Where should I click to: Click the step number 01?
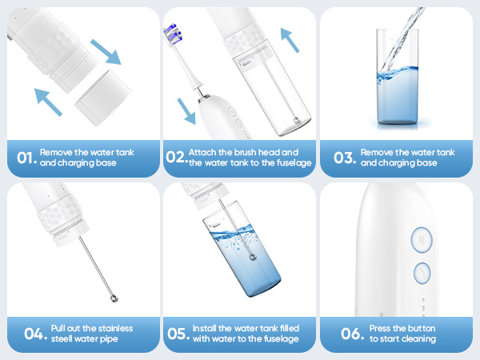pyautogui.click(x=27, y=158)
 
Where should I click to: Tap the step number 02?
pyautogui.click(x=177, y=157)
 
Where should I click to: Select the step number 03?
pyautogui.click(x=345, y=158)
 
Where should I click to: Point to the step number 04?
pyautogui.click(x=35, y=334)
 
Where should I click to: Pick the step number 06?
pyautogui.click(x=352, y=334)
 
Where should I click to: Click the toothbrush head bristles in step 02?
pyautogui.click(x=173, y=33)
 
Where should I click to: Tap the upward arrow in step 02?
pyautogui.click(x=290, y=40)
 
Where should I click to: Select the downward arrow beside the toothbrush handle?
pyautogui.click(x=186, y=111)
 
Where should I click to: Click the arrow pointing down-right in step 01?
pyautogui.click(x=106, y=52)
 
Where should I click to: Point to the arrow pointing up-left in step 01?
pyautogui.click(x=48, y=102)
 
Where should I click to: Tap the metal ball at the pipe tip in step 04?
pyautogui.click(x=114, y=298)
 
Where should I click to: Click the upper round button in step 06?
pyautogui.click(x=422, y=240)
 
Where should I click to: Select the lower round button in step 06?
pyautogui.click(x=422, y=273)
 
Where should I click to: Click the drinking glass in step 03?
pyautogui.click(x=398, y=78)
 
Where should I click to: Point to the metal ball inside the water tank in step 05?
pyautogui.click(x=253, y=257)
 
